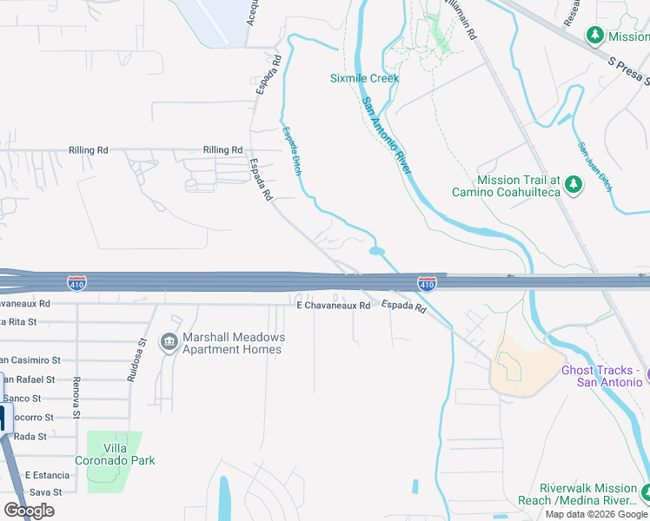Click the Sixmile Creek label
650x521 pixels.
(364, 78)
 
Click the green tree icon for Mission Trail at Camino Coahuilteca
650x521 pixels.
(573, 184)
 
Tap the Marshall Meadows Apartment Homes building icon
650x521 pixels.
(168, 343)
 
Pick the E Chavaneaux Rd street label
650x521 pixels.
(334, 305)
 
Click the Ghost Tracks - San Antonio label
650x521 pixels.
(600, 376)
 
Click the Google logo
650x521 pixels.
(29, 511)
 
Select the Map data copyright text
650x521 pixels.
(596, 514)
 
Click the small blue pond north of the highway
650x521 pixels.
(377, 252)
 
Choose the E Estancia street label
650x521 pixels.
(47, 475)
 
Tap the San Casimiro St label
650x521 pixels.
(30, 359)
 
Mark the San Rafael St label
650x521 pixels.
(27, 379)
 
